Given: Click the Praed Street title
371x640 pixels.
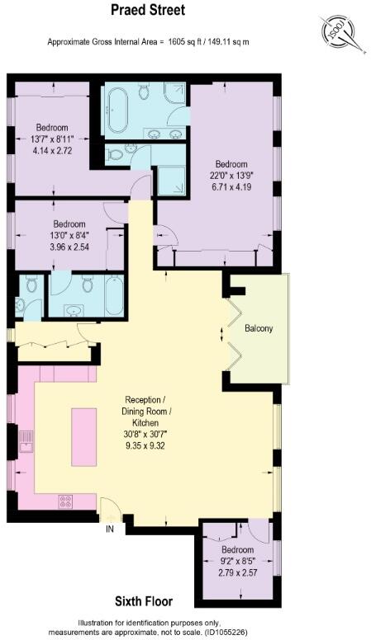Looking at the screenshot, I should (148, 11).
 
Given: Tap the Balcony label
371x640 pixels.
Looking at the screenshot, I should (259, 329).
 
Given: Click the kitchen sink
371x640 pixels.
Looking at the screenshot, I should (26, 443).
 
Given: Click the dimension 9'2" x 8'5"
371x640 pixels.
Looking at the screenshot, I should (237, 561).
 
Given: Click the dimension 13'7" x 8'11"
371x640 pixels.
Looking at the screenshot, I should (54, 140).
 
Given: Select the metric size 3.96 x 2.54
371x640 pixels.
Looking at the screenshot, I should (69, 246).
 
